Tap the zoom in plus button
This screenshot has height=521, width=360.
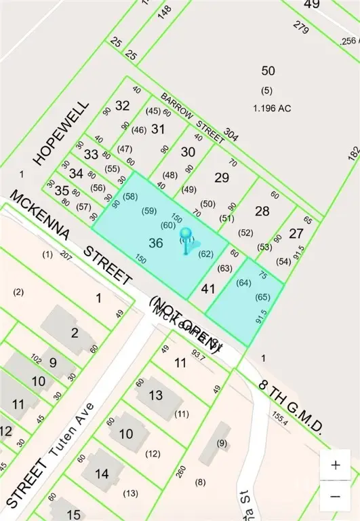click(x=335, y=466)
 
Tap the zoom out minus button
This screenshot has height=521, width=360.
click(x=335, y=497)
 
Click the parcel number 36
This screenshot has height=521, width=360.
click(x=156, y=242)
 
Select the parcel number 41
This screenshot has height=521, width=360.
click(x=208, y=288)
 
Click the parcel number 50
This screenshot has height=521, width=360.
click(x=268, y=71)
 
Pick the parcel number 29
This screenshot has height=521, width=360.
click(x=222, y=178)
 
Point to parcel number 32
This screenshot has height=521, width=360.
click(x=123, y=105)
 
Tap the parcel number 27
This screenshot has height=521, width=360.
click(x=296, y=233)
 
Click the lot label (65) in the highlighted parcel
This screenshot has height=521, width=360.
click(x=262, y=297)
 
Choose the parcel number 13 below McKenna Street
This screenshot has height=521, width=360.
click(x=156, y=395)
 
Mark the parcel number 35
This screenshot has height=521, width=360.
click(x=62, y=191)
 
